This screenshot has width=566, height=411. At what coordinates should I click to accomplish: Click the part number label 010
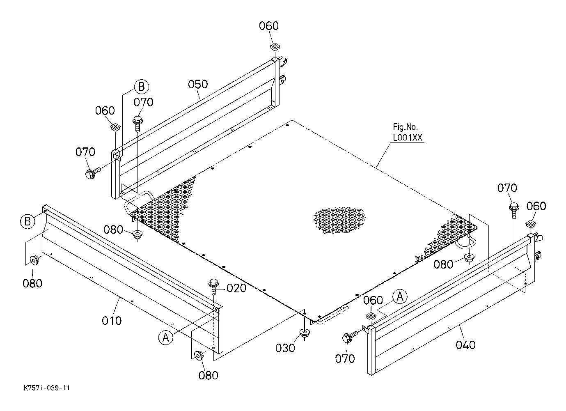[x=112, y=321]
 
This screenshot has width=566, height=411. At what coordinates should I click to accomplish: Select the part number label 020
[x=236, y=288]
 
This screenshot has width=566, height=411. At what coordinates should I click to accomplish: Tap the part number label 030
[x=285, y=348]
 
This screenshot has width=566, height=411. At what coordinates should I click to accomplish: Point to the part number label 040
[x=465, y=345]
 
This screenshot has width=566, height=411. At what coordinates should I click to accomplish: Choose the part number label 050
[x=198, y=84]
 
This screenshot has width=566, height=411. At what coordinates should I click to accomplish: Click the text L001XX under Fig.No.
[x=407, y=138]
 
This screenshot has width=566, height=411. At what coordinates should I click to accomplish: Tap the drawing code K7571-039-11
[x=47, y=388]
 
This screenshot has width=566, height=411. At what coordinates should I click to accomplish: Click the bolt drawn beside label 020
[x=213, y=286]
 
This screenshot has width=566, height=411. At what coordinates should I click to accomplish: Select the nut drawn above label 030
[x=305, y=333]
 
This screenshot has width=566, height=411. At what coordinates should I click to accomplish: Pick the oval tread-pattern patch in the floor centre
[x=339, y=220]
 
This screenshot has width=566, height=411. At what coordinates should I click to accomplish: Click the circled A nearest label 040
[x=400, y=296]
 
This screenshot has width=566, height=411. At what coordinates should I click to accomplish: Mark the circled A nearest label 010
[x=166, y=337]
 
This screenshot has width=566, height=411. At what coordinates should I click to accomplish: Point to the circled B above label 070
[x=142, y=87]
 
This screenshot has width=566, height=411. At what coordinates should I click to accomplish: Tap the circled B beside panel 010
[x=27, y=221]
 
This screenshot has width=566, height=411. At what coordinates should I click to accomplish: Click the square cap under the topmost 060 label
[x=275, y=46]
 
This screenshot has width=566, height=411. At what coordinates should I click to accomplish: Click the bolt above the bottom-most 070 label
[x=351, y=336]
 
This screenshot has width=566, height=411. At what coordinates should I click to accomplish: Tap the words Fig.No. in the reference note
[x=405, y=126]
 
